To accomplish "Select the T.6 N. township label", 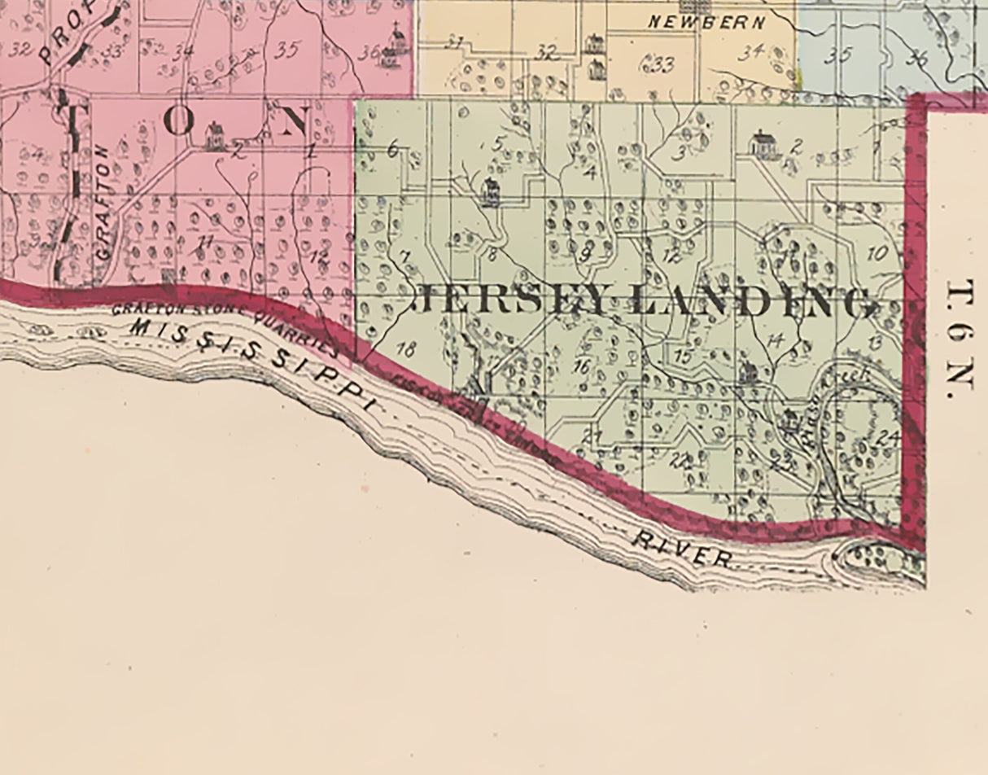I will coord(961,339).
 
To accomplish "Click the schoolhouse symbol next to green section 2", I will coord(764,145).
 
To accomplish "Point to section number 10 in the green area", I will coord(877,253).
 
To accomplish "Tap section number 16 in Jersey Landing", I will coord(580,367).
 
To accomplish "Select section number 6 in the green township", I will coord(393,150).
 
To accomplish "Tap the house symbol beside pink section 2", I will coord(215,136).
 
